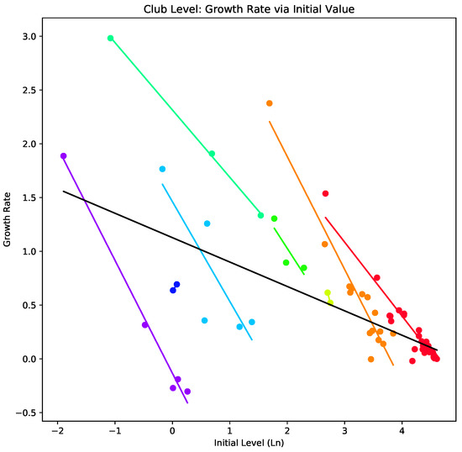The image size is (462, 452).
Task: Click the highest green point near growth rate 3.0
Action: [x=110, y=38]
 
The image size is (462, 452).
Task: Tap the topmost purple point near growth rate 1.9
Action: [x=63, y=156]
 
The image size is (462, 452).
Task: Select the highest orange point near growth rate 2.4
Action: [x=270, y=103]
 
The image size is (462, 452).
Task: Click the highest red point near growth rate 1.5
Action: [x=325, y=193]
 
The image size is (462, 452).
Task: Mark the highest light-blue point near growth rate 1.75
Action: [x=162, y=169]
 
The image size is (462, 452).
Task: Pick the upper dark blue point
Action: [x=176, y=284]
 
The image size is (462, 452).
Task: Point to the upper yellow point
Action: [x=328, y=292]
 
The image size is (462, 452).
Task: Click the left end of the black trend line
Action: [x=64, y=191]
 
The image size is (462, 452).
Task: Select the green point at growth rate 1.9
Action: [x=212, y=154]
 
